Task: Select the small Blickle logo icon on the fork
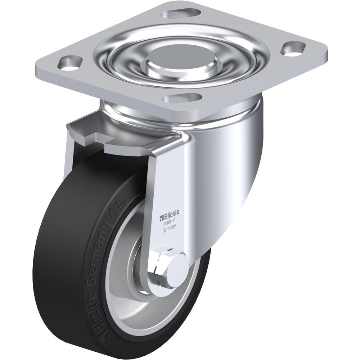162,217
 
